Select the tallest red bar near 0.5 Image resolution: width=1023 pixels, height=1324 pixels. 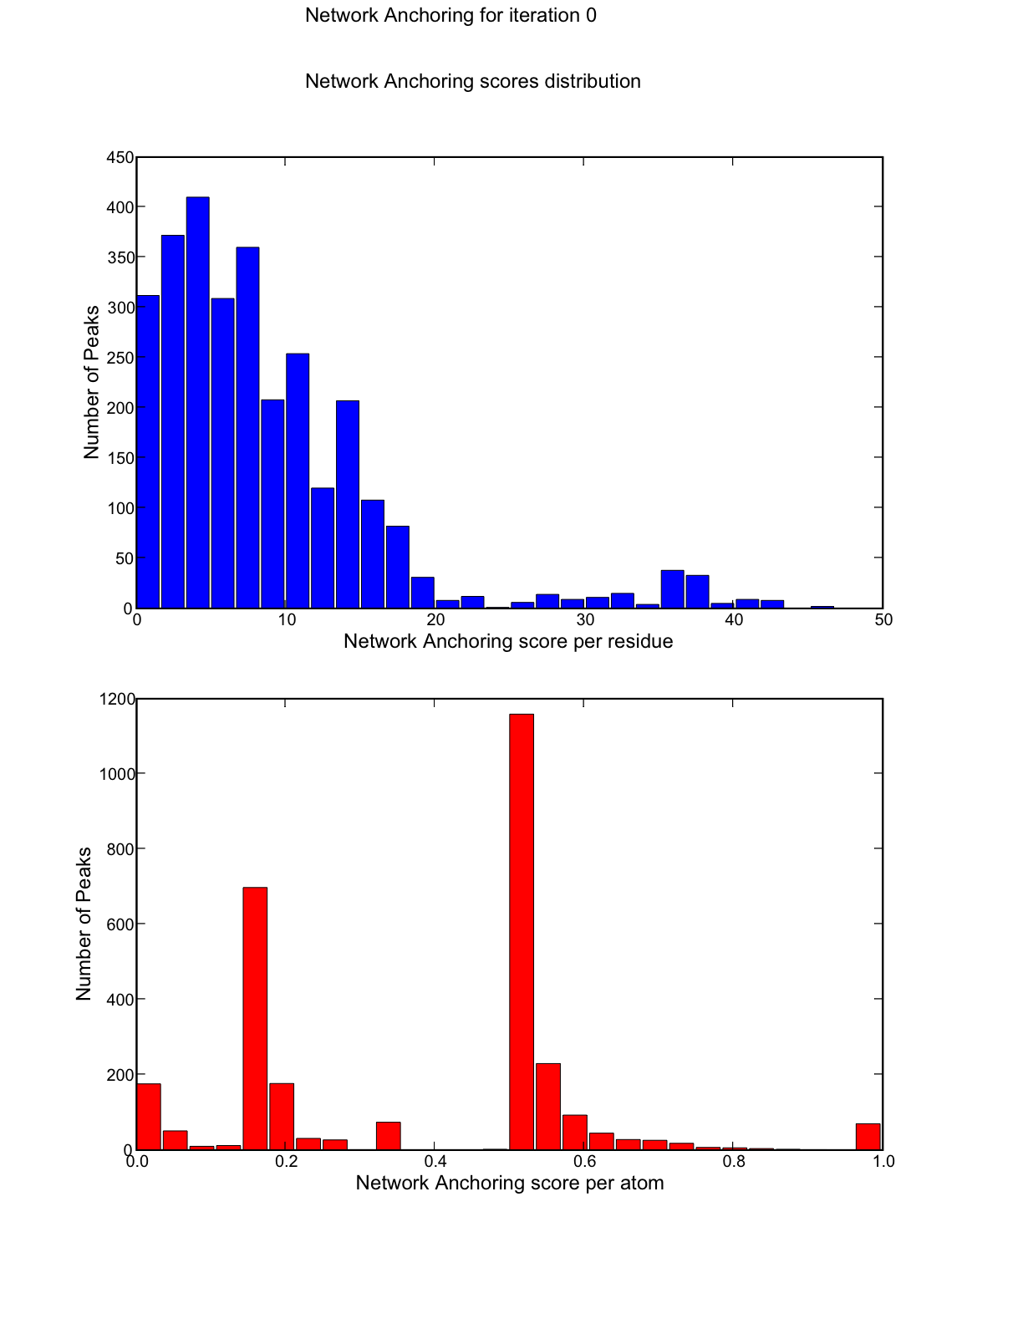pos(522,932)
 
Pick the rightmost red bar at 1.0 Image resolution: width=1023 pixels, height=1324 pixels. pos(868,1137)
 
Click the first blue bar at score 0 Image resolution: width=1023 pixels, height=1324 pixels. pos(148,451)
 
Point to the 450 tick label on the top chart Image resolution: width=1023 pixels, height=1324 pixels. pos(121,157)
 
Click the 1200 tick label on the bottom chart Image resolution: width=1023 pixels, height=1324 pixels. pos(118,699)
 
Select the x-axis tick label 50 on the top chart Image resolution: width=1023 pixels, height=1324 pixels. pos(883,620)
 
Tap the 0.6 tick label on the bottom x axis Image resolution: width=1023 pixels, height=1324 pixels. pos(585,1162)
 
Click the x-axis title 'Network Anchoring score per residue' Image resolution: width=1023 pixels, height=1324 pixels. pos(508,642)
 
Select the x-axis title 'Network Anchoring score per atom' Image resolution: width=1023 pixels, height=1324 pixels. pos(510,1184)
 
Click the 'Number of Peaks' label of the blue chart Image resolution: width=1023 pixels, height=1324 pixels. pos(91,382)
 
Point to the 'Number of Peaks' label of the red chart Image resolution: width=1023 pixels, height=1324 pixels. pos(84,924)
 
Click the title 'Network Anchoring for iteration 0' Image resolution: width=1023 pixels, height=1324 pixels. pos(450,16)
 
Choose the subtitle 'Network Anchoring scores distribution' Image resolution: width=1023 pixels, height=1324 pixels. pos(473,82)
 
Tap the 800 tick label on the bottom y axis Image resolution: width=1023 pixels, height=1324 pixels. pos(121,849)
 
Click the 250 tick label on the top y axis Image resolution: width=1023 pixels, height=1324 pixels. pos(121,358)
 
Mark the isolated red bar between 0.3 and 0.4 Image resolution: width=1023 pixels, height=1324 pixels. pos(389,1135)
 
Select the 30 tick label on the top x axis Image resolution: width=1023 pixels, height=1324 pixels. pos(585,620)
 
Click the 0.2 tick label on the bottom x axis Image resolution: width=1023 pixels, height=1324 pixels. pos(286,1162)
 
